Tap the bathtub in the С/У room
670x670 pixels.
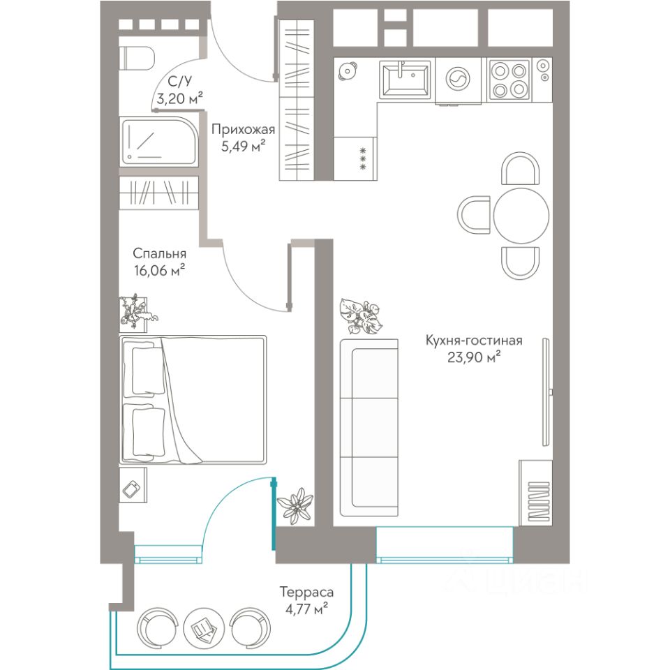coord(159,141)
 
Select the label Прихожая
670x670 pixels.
coord(243,129)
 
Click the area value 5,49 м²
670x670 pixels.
coord(243,147)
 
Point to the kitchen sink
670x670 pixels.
coord(404,79)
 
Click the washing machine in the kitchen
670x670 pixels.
coord(458,80)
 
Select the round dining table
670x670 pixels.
coord(521,216)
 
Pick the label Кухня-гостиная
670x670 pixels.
coord(473,341)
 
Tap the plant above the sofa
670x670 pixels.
coord(361,315)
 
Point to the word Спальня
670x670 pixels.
coord(159,253)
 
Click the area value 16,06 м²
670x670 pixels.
coord(159,271)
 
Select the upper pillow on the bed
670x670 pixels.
coord(147,370)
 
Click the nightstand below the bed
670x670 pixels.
coord(133,485)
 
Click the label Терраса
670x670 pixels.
coord(306,593)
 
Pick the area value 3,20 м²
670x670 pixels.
coord(179,98)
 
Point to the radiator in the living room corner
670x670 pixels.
coord(536,493)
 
